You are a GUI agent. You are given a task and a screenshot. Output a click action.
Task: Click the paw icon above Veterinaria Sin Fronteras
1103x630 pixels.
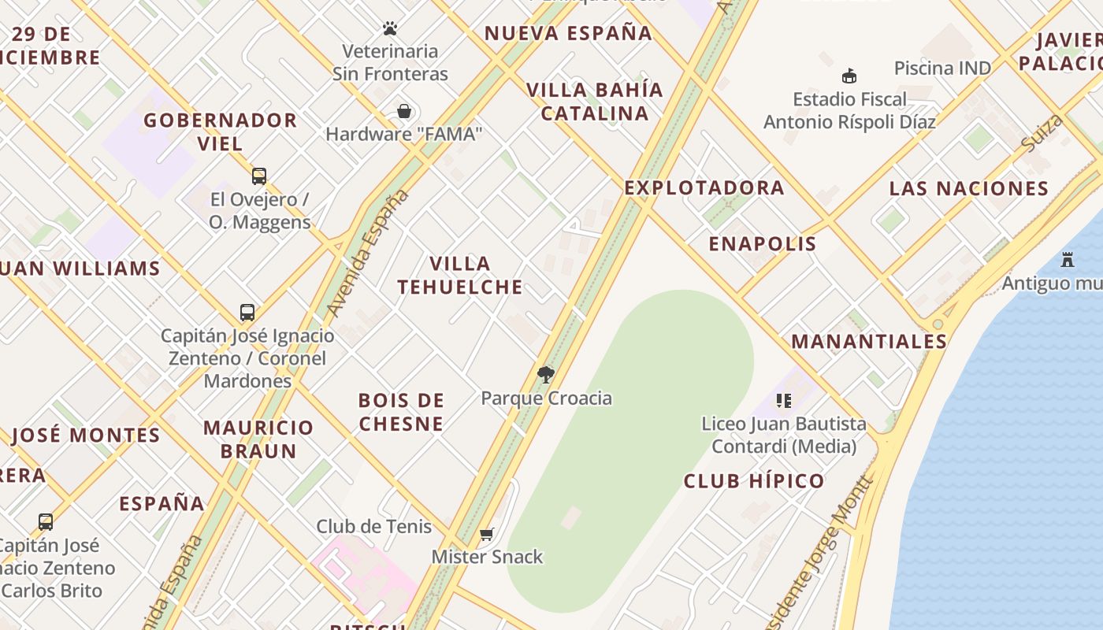pyautogui.click(x=390, y=29)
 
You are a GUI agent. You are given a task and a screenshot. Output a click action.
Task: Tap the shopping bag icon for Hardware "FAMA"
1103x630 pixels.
pyautogui.click(x=404, y=111)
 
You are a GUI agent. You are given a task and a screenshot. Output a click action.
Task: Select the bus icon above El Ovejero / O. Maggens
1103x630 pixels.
pyautogui.click(x=259, y=176)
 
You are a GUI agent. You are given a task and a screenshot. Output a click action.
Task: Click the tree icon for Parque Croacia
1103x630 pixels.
pyautogui.click(x=545, y=374)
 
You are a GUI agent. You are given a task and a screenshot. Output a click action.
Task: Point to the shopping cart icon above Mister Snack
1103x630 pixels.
pyautogui.click(x=487, y=534)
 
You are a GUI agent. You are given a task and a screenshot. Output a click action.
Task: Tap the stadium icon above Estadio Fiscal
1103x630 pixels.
pyautogui.click(x=849, y=76)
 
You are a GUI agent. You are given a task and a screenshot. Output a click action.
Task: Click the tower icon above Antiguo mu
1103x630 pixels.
pyautogui.click(x=1068, y=259)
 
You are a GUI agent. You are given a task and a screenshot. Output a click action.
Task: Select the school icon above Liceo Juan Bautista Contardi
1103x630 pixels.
pyautogui.click(x=783, y=401)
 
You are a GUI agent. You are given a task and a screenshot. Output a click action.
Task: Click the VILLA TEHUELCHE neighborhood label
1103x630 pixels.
pyautogui.click(x=460, y=275)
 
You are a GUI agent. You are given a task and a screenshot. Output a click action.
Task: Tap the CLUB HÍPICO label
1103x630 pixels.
pyautogui.click(x=754, y=480)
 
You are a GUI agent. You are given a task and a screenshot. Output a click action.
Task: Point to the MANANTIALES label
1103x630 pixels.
pyautogui.click(x=869, y=341)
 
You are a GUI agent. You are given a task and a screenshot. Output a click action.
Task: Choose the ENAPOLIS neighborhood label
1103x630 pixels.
pyautogui.click(x=763, y=243)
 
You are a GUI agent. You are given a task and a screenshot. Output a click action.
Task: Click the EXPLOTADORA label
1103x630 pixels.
pyautogui.click(x=704, y=187)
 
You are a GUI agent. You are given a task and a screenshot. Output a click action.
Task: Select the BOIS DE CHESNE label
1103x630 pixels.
pyautogui.click(x=401, y=412)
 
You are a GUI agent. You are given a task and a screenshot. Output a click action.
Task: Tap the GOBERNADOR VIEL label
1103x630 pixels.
pyautogui.click(x=220, y=132)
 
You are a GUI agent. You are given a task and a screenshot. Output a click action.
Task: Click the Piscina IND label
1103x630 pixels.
pyautogui.click(x=942, y=68)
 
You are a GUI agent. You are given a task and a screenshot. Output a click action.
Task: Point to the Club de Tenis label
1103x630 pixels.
pyautogui.click(x=373, y=526)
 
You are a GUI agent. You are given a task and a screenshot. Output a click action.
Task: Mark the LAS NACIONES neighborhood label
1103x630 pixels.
pyautogui.click(x=969, y=188)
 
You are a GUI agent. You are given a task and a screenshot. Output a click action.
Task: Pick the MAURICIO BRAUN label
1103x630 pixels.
pyautogui.click(x=258, y=439)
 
